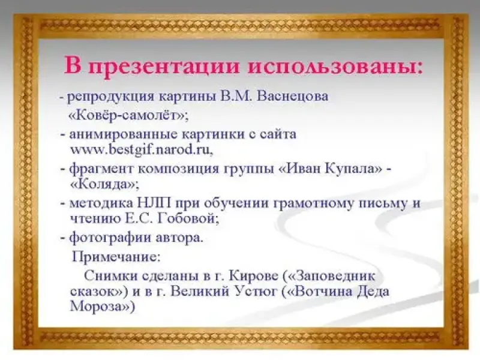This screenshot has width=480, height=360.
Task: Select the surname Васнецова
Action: point(293,97)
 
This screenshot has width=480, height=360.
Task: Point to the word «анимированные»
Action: point(124,134)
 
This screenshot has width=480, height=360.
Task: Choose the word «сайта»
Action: point(278,134)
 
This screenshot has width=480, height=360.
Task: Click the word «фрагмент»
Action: point(101,169)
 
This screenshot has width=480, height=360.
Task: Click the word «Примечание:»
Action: point(116,257)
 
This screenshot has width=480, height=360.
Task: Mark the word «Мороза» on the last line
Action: point(98,306)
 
